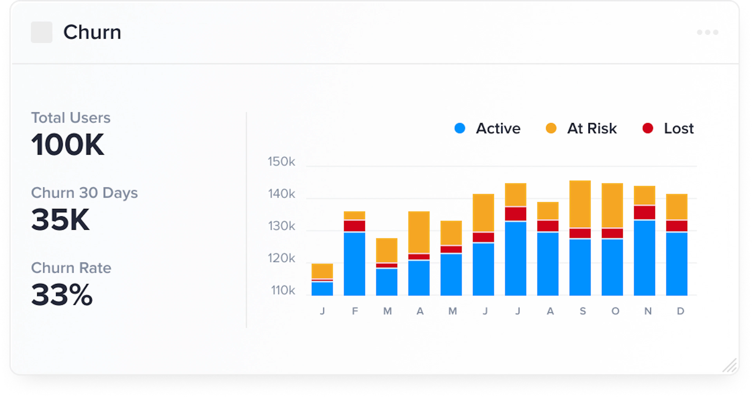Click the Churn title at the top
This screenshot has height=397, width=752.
pyautogui.click(x=92, y=32)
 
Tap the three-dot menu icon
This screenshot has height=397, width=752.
pyautogui.click(x=707, y=32)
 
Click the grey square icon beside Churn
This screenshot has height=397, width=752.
pyautogui.click(x=42, y=32)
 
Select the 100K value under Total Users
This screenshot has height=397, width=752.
pyautogui.click(x=67, y=144)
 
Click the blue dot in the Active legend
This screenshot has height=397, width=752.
pyautogui.click(x=460, y=128)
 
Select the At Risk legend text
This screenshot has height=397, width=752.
pyautogui.click(x=592, y=128)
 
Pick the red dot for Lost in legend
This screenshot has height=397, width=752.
pyautogui.click(x=648, y=128)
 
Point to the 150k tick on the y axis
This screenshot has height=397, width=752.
pyautogui.click(x=281, y=162)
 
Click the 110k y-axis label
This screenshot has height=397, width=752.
pyautogui.click(x=283, y=290)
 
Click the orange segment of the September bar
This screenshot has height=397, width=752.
pyautogui.click(x=580, y=204)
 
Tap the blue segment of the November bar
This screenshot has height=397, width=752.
pyautogui.click(x=644, y=258)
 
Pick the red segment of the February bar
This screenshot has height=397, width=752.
pyautogui.click(x=354, y=226)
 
